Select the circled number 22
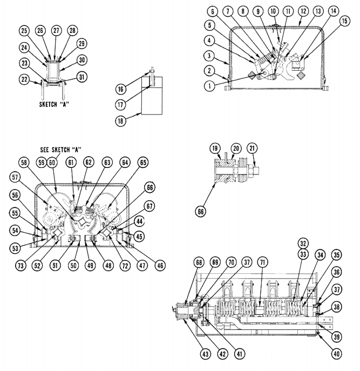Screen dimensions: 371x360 pos(24,79)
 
